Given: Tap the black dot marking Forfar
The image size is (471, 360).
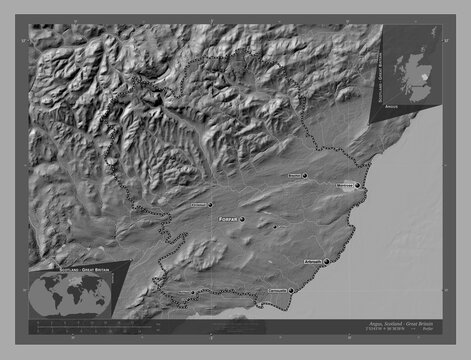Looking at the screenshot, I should pyautogui.click(x=241, y=216).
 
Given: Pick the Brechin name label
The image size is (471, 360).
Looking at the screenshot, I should pyautogui.click(x=295, y=176).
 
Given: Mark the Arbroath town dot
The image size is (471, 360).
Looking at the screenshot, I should pyautogui.click(x=326, y=262).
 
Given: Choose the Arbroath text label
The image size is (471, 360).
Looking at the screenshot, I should pyautogui.click(x=311, y=258).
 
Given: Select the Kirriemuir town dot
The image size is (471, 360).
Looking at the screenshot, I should pyautogui.click(x=210, y=202).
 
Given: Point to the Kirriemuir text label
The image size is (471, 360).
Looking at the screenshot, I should pyautogui.click(x=195, y=203).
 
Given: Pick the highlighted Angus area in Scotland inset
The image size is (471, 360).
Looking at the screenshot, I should pyautogui.click(x=424, y=76).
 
